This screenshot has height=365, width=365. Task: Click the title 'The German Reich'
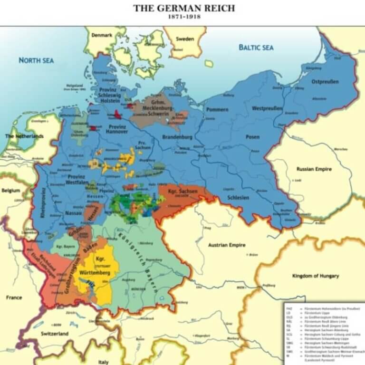184,8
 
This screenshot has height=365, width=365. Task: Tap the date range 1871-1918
183,17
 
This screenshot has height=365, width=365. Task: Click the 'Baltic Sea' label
256,48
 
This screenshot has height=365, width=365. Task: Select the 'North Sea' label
36,60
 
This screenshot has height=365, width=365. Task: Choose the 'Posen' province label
252,137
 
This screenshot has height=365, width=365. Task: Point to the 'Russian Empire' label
314,169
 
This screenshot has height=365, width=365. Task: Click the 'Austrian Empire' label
227,245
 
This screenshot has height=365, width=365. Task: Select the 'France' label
14,298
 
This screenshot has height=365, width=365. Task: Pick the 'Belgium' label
10,190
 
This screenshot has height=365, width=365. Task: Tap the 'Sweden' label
185,39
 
